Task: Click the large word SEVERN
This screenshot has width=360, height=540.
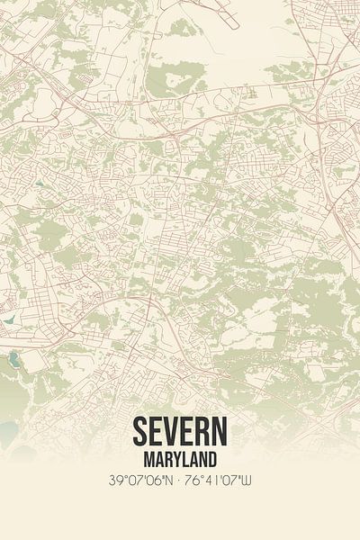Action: [x=179, y=432]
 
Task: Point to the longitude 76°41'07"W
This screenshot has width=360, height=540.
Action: [x=221, y=480]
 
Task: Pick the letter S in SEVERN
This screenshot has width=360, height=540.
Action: [x=141, y=432]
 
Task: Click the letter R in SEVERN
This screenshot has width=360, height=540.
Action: [x=201, y=432]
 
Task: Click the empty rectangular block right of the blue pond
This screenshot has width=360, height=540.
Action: [x=34, y=361]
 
